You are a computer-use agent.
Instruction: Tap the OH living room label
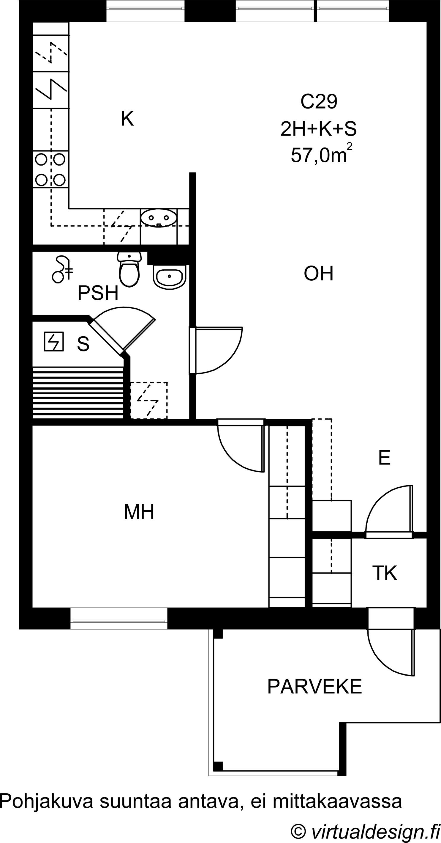pyautogui.click(x=318, y=274)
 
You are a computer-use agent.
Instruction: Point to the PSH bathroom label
pyautogui.click(x=98, y=293)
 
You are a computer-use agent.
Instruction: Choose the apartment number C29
pyautogui.click(x=319, y=101)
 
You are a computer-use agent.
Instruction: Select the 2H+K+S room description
pyautogui.click(x=318, y=129)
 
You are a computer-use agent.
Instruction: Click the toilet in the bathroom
pyautogui.click(x=129, y=269)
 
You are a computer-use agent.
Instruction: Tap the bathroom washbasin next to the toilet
pyautogui.click(x=169, y=277)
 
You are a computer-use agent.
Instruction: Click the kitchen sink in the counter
pyautogui.click(x=159, y=218)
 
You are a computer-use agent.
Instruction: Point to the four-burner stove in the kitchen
pyautogui.click(x=51, y=169)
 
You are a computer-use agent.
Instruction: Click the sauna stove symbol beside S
pyautogui.click(x=54, y=342)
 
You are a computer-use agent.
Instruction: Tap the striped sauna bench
pyautogui.click(x=78, y=393)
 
